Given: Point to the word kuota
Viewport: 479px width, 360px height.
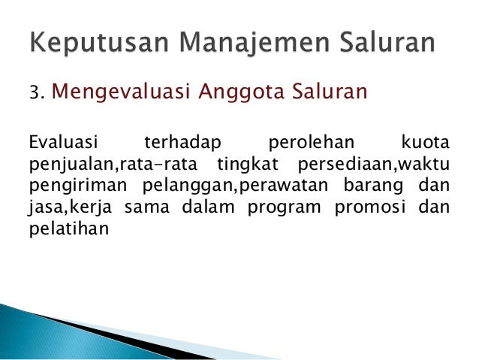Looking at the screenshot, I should (425, 142).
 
